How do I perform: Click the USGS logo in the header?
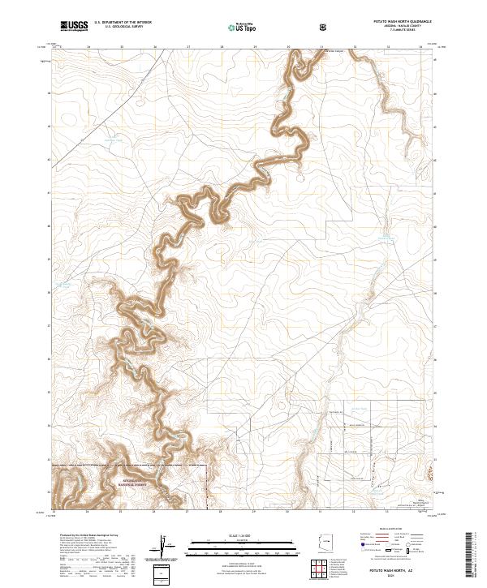(x=73, y=27)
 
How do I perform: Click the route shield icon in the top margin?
(x=325, y=27)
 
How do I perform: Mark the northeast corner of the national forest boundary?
(x=208, y=466)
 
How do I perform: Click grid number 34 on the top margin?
(x=421, y=47)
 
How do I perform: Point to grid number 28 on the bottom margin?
(x=221, y=512)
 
